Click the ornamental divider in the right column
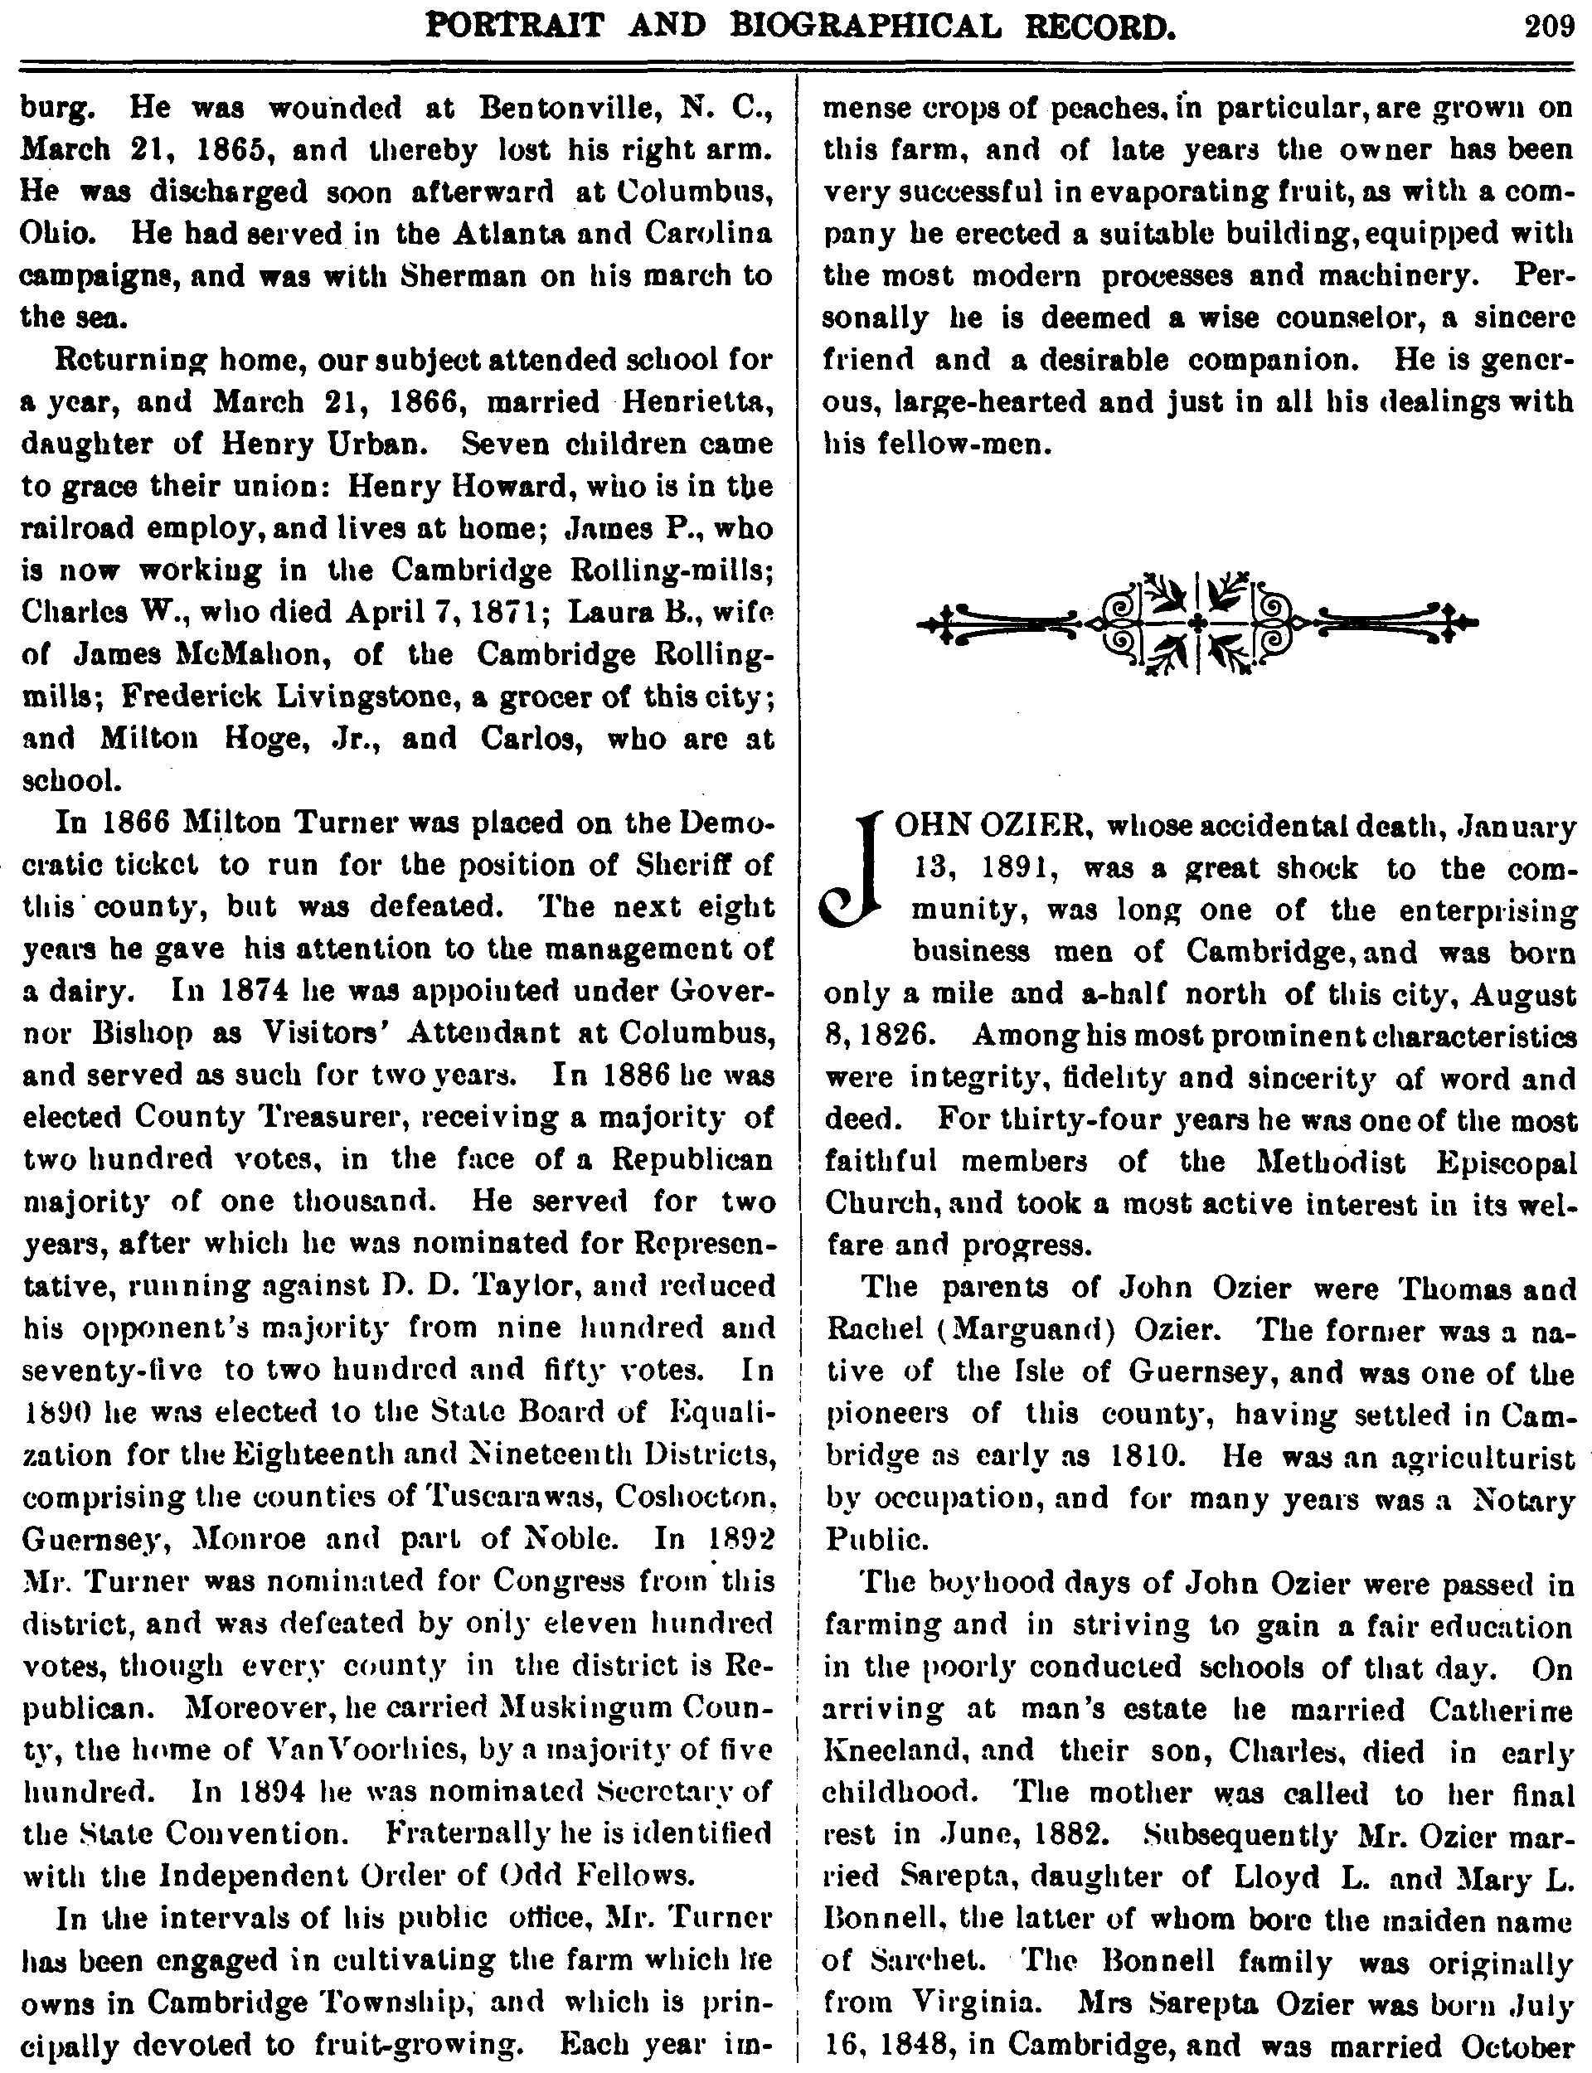pos(1198,622)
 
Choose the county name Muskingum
pos(591,1706)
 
